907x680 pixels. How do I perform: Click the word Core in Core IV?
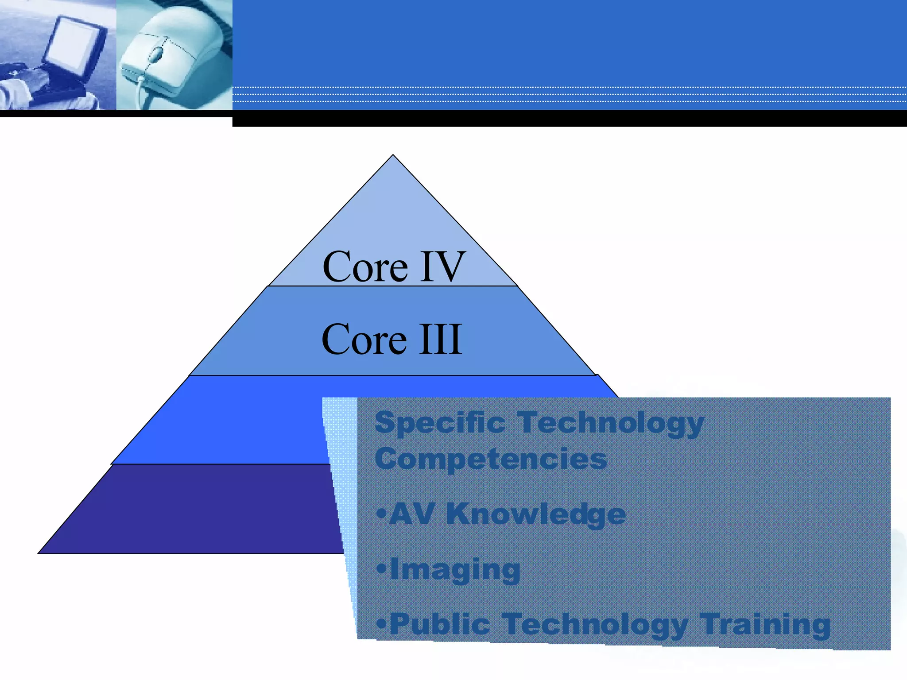pyautogui.click(x=365, y=267)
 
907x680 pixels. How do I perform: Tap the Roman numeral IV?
pyautogui.click(x=442, y=267)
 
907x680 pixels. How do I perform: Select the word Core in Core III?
pyautogui.click(x=364, y=340)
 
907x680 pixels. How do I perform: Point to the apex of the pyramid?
pyautogui.click(x=393, y=156)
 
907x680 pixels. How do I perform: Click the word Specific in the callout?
pyautogui.click(x=440, y=423)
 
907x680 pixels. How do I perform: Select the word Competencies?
pyautogui.click(x=491, y=459)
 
